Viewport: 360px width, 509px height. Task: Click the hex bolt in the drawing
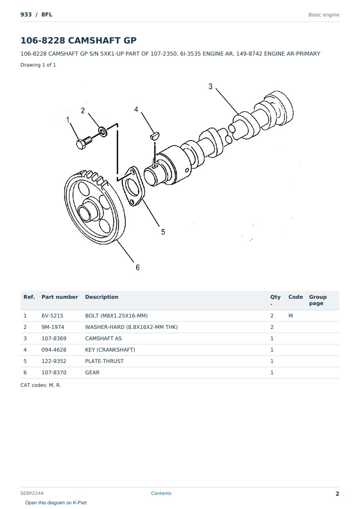(x=84, y=143)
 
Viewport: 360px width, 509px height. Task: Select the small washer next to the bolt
(x=103, y=132)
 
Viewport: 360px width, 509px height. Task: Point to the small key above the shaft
(x=155, y=135)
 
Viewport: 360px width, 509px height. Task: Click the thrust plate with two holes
(x=133, y=186)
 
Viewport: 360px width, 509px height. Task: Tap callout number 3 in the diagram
(x=210, y=87)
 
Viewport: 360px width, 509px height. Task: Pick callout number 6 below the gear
(x=138, y=267)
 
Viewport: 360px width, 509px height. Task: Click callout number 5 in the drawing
(x=163, y=232)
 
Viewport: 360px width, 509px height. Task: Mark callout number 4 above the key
(x=136, y=109)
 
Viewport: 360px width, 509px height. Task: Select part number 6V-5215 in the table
(x=52, y=316)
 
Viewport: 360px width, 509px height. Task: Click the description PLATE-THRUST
(x=104, y=361)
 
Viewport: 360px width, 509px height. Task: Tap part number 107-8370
(x=54, y=372)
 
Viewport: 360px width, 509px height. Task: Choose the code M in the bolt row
(x=290, y=316)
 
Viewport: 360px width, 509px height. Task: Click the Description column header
(x=101, y=297)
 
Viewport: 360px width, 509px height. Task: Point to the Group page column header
(x=318, y=300)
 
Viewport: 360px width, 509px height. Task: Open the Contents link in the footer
(x=161, y=493)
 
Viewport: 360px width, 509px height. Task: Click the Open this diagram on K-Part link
(x=56, y=502)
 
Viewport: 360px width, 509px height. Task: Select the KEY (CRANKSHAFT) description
(x=110, y=350)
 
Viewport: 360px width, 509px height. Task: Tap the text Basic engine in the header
(x=324, y=15)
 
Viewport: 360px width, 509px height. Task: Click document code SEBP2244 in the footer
(x=32, y=493)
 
